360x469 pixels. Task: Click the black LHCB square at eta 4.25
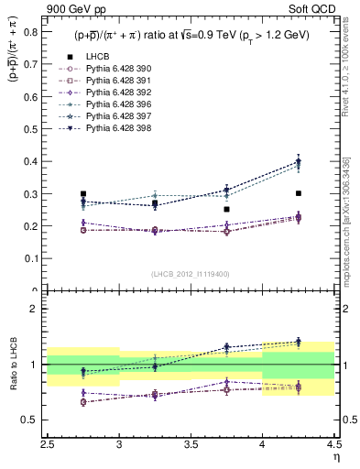click(299, 193)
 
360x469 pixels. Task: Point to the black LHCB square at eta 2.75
click(83, 194)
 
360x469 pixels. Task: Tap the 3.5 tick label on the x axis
click(191, 442)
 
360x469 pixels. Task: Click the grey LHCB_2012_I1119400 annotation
click(191, 274)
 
